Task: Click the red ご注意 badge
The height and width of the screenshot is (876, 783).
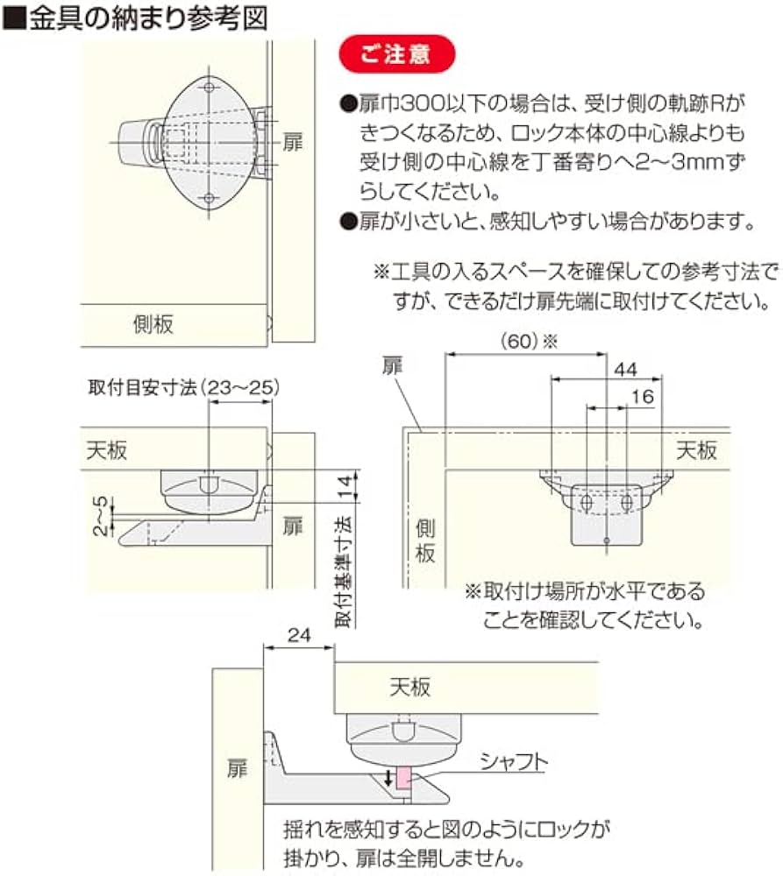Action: (x=396, y=54)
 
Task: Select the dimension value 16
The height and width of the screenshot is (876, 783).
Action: (x=641, y=397)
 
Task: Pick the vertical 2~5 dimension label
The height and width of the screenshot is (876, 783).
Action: (x=102, y=516)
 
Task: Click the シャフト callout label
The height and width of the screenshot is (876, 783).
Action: (x=513, y=762)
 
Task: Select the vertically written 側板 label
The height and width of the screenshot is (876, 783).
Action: (x=424, y=540)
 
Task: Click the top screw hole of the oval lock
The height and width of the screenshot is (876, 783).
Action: (x=209, y=88)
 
